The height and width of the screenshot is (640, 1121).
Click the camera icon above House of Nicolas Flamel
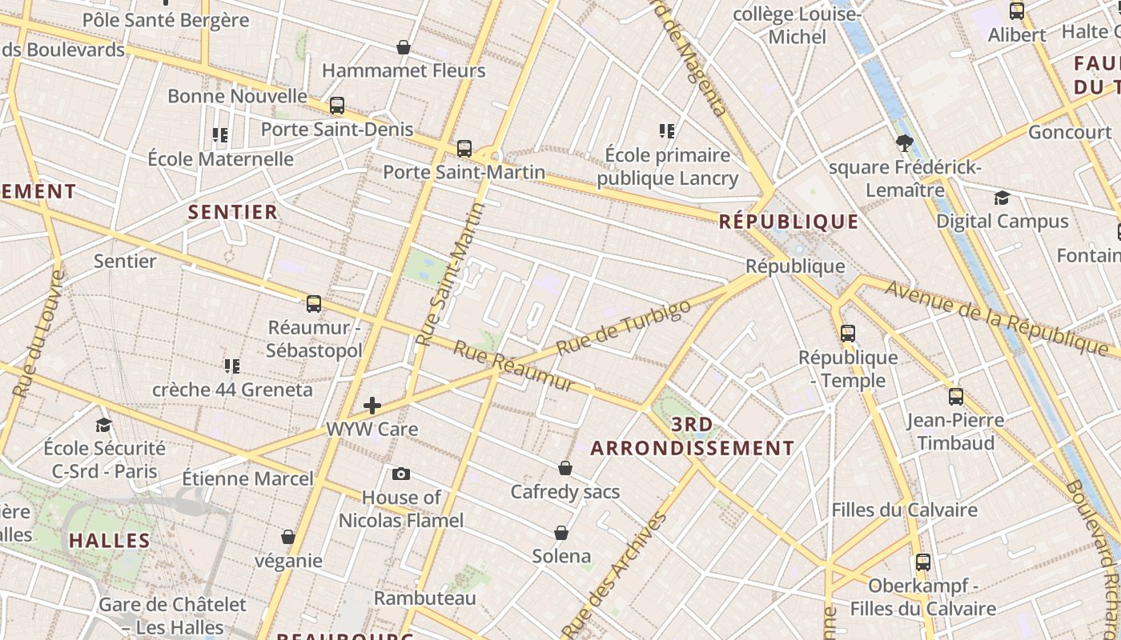[x=401, y=474]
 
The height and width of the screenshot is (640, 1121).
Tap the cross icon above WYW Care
[x=372, y=406]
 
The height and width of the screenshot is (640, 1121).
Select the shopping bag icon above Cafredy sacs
[x=565, y=468]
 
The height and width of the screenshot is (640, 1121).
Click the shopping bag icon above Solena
[x=561, y=533]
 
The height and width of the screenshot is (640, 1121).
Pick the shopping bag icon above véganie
[x=288, y=537]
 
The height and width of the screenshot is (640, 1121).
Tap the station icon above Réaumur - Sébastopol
[x=314, y=304]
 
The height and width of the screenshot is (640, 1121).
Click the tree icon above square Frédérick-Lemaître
[x=905, y=144]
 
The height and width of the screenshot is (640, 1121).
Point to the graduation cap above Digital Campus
[x=1002, y=198]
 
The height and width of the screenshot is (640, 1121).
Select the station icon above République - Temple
[x=848, y=334]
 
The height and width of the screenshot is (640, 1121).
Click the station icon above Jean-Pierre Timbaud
[x=955, y=396]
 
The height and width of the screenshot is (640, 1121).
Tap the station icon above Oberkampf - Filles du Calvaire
[x=923, y=562]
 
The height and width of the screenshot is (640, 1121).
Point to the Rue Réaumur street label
[x=514, y=366]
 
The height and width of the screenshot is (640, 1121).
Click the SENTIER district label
[x=232, y=212]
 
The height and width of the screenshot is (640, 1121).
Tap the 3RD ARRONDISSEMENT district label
[x=693, y=436]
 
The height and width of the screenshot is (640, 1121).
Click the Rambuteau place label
[x=425, y=598]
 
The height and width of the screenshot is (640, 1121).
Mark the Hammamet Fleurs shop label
[x=404, y=70]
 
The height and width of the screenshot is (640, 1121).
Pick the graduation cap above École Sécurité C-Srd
[x=103, y=425]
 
